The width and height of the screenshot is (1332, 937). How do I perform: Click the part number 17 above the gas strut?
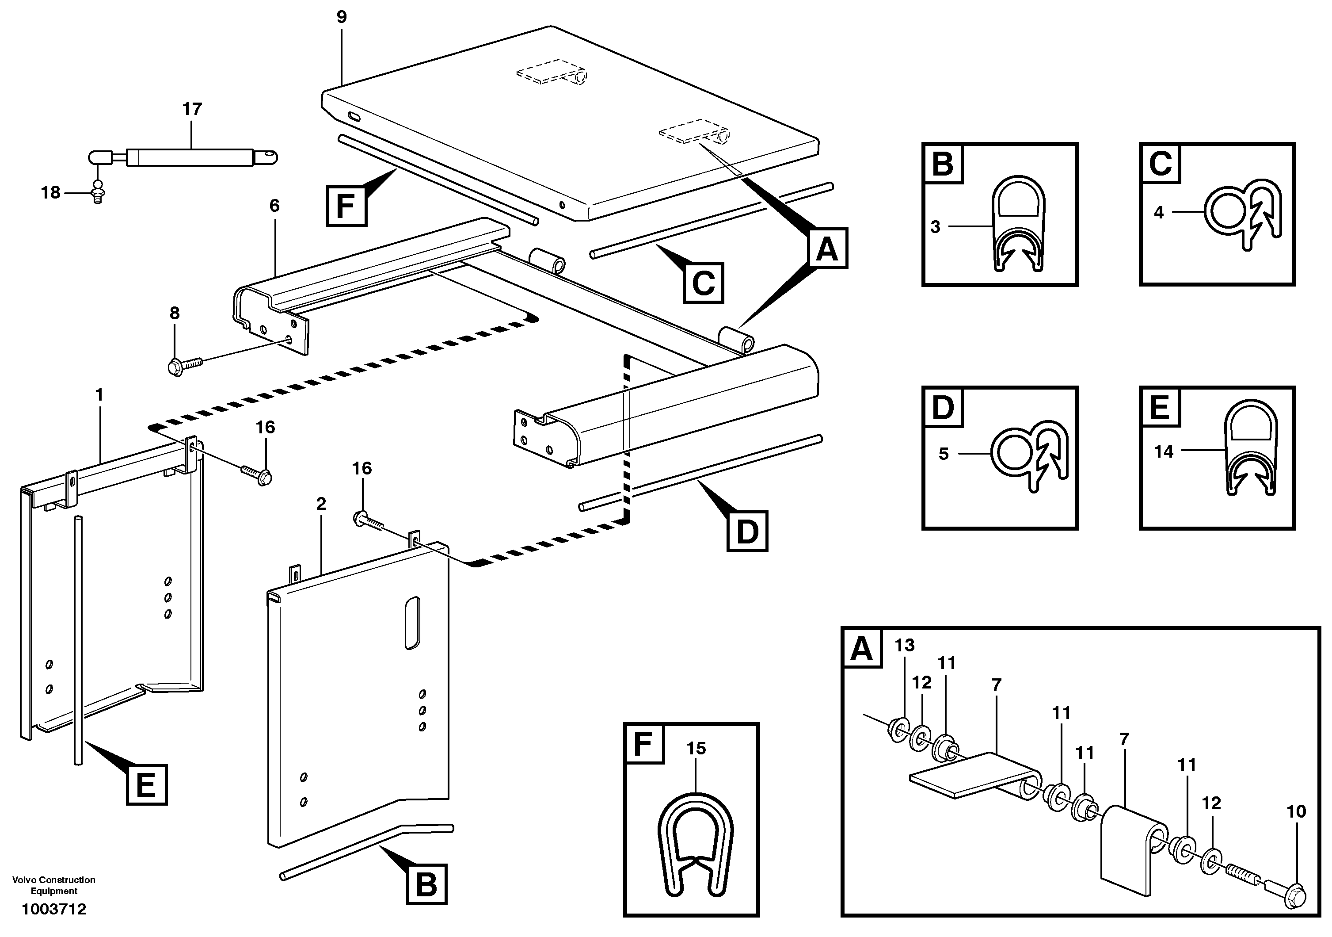pos(192,109)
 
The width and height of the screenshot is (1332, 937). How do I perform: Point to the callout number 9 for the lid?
pos(342,17)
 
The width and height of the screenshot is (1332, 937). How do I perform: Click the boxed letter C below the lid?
pos(703,283)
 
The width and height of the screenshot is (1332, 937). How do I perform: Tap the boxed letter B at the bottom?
pos(426,884)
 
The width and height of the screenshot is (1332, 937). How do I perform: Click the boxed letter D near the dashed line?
pos(747,531)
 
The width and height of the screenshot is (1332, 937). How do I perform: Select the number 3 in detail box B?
pos(935,227)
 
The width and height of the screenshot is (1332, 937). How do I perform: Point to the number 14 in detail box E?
pos(1163,451)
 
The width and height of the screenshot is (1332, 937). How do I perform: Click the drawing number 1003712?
pos(54,909)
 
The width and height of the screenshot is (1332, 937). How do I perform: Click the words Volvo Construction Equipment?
pos(54,885)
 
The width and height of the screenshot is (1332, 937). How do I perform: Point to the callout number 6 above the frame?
pos(274,206)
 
